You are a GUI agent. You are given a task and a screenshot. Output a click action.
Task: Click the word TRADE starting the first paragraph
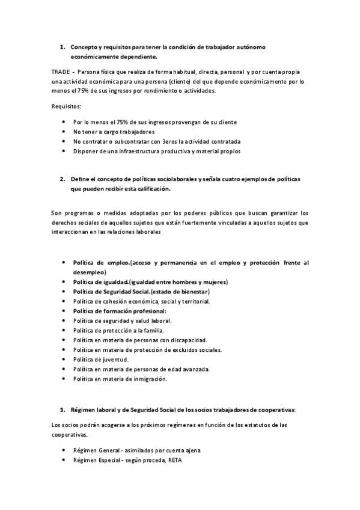pyautogui.click(x=61, y=72)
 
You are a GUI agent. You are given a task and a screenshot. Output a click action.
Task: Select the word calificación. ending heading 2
pyautogui.click(x=150, y=189)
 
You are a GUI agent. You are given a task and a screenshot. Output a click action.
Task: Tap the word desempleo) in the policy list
pyautogui.click(x=90, y=272)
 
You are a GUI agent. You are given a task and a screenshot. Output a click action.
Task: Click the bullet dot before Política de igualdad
pyautogui.click(x=64, y=282)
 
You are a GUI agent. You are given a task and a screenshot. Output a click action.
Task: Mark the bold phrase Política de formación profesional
pyautogui.click(x=119, y=311)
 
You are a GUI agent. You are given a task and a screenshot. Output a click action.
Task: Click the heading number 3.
pyautogui.click(x=62, y=410)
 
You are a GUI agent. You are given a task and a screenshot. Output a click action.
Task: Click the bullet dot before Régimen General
pyautogui.click(x=64, y=450)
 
